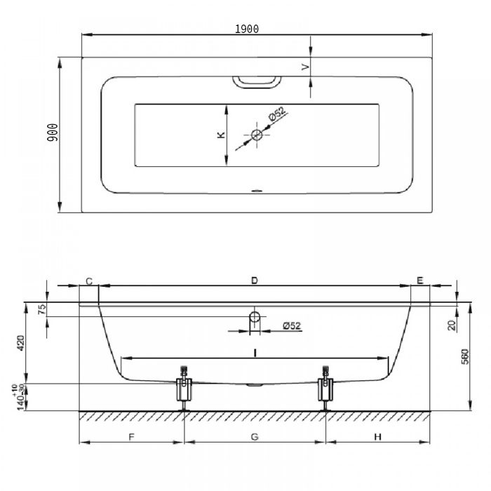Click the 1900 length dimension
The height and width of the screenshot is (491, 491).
(x=247, y=29)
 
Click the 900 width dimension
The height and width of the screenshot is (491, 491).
(x=53, y=133)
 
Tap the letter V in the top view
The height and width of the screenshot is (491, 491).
(x=305, y=67)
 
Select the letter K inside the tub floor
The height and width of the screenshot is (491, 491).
(x=221, y=135)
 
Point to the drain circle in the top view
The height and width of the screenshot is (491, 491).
(x=257, y=135)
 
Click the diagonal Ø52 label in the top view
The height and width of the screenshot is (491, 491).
(x=277, y=114)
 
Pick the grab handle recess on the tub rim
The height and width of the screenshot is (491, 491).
(x=257, y=82)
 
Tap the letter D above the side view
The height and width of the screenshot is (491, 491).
(x=255, y=281)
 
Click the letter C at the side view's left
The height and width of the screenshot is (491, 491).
(x=89, y=281)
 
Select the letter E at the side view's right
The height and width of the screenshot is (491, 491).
(x=420, y=281)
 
